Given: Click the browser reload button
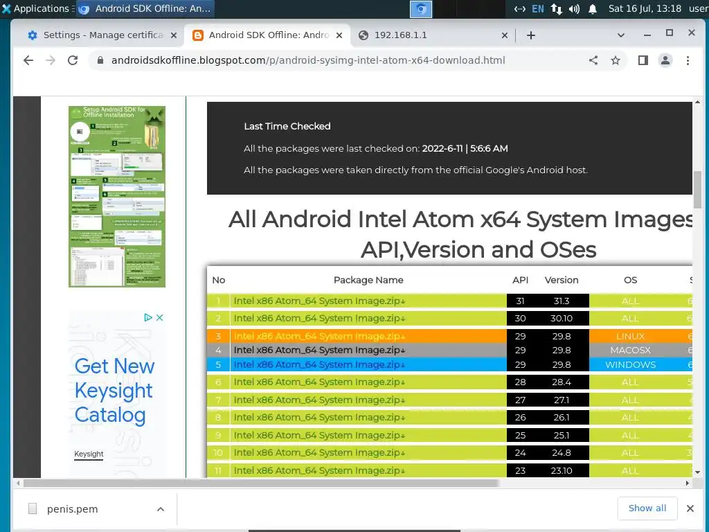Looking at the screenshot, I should [x=72, y=60].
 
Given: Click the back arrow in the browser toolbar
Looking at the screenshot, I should [x=28, y=60].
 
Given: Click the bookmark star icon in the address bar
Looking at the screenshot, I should [x=616, y=60].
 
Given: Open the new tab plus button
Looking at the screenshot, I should [x=531, y=35].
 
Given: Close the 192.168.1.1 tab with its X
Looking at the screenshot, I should [x=505, y=35].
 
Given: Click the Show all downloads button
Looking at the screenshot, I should [x=647, y=508].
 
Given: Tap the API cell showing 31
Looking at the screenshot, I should [x=520, y=301].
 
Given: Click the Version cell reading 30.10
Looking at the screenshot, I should [x=561, y=319].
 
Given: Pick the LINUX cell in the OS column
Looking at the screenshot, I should [x=630, y=336].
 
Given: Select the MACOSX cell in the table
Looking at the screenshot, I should [x=630, y=351].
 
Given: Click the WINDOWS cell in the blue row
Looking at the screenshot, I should [x=630, y=365].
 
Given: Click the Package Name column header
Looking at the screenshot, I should [x=368, y=280].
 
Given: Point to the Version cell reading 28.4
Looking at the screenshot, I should [x=561, y=382].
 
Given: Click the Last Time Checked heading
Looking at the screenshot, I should [x=287, y=126].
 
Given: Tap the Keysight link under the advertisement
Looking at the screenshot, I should [x=89, y=454].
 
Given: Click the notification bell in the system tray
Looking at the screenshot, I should [x=593, y=9].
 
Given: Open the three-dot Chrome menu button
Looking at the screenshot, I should [x=688, y=60].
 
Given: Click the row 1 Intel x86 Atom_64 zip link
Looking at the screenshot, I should [x=319, y=301].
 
